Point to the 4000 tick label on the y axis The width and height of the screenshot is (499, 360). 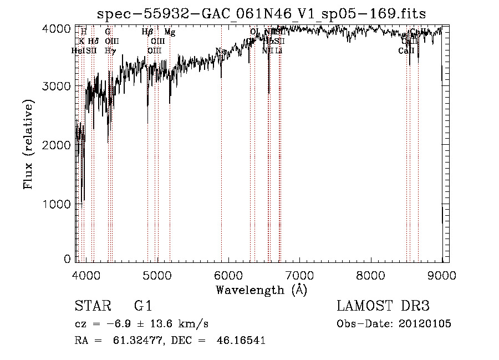(57, 28)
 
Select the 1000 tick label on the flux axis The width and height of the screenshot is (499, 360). (57, 204)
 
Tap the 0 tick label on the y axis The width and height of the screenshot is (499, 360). (67, 258)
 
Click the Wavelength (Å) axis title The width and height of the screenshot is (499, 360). (261, 290)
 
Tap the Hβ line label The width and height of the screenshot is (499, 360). (147, 32)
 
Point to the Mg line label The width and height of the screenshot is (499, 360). (170, 32)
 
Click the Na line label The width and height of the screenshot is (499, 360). (221, 51)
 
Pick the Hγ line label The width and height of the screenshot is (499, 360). (110, 51)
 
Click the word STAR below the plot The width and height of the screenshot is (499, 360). (91, 306)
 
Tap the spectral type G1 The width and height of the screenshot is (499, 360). (142, 306)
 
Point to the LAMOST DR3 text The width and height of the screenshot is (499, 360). (383, 306)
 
